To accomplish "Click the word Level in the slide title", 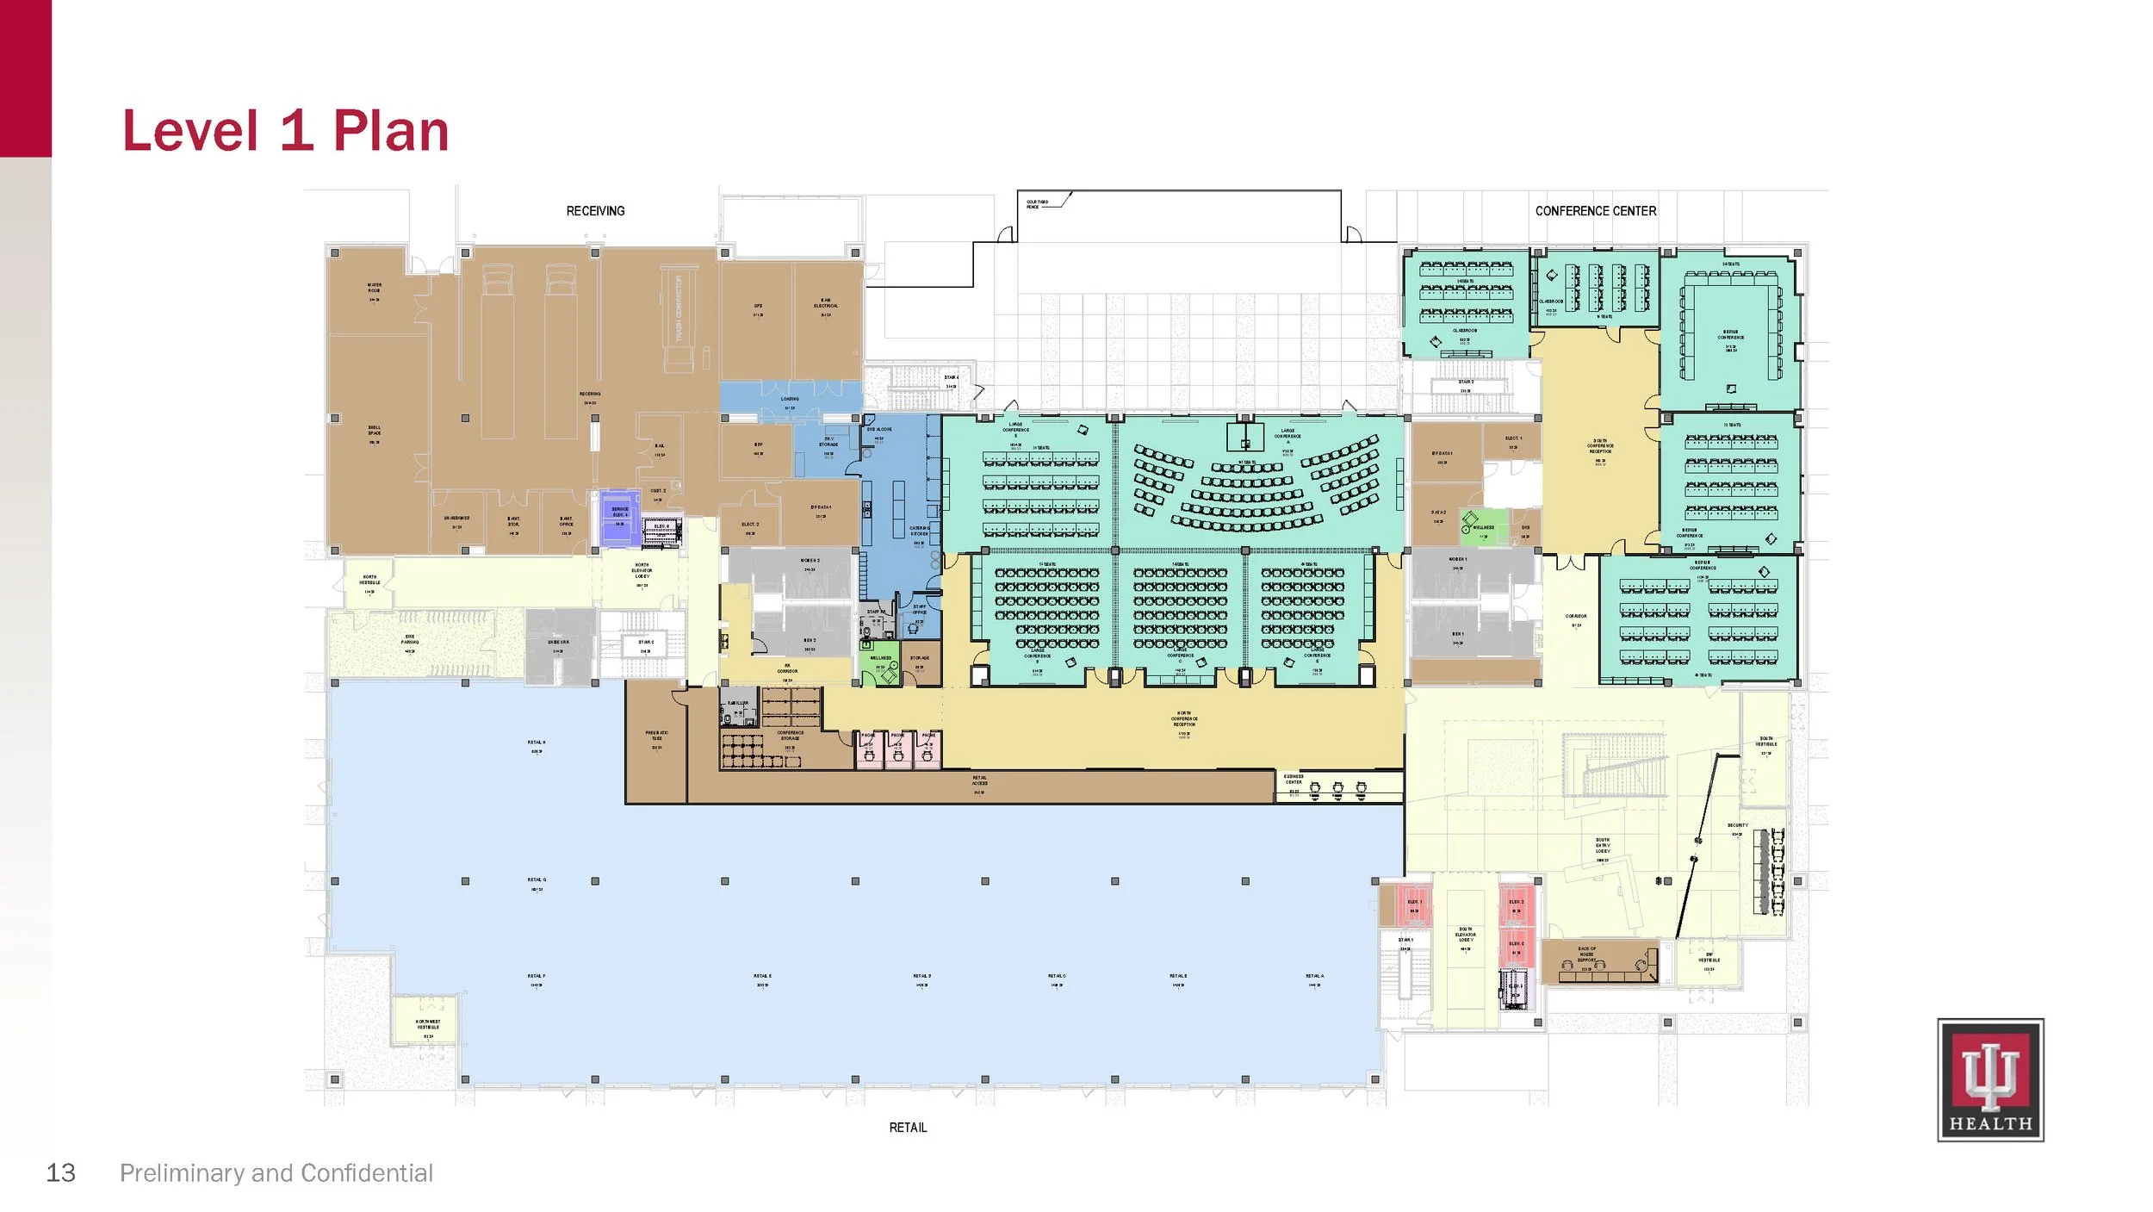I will (x=190, y=131).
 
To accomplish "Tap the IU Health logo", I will (x=1989, y=1079).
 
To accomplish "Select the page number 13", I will (x=60, y=1172).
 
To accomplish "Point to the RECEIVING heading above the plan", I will (x=595, y=211).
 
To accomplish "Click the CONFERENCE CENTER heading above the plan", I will (x=1595, y=211).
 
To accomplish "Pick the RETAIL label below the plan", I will (x=908, y=1127).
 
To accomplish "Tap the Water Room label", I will (x=375, y=288).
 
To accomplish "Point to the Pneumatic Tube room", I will (x=656, y=738).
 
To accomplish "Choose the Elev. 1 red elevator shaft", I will (x=1413, y=905).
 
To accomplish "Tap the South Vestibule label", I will (x=1766, y=742).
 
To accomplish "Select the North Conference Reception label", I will (x=1184, y=718).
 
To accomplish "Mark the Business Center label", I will (x=1294, y=780).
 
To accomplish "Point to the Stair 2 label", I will (x=1466, y=382).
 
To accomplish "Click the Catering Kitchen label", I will (x=919, y=531).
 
